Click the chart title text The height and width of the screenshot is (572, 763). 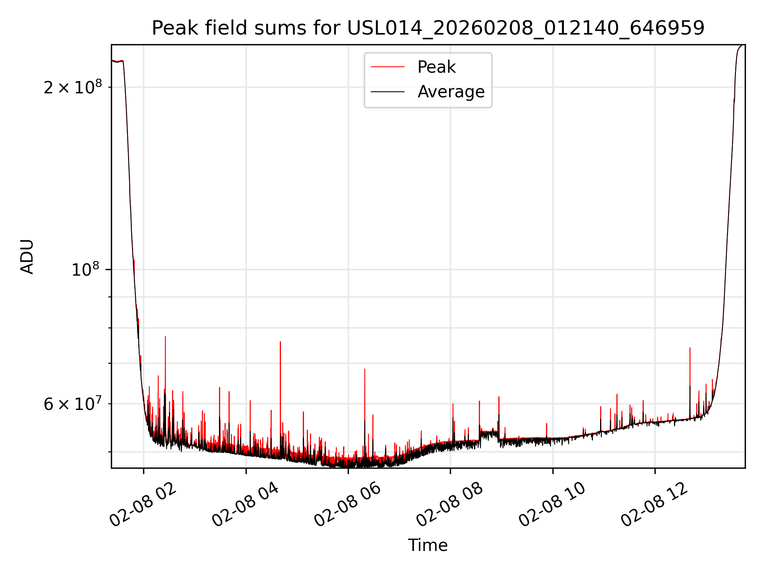(428, 28)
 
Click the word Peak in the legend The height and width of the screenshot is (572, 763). (436, 67)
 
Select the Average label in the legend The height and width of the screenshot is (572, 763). (451, 92)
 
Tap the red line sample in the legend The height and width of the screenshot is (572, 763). (387, 67)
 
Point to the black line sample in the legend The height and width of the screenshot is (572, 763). (387, 92)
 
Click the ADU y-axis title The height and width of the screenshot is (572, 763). (27, 257)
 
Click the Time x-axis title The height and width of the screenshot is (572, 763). (428, 545)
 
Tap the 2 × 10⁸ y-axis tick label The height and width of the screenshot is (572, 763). (73, 87)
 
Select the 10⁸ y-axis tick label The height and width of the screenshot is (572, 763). (85, 270)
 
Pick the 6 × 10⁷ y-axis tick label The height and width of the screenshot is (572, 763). (73, 404)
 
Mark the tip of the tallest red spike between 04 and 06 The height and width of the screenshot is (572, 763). (280, 342)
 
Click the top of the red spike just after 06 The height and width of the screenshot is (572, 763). (364, 369)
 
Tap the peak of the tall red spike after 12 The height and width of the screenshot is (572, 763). (690, 348)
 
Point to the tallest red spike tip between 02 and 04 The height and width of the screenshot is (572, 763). (165, 337)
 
